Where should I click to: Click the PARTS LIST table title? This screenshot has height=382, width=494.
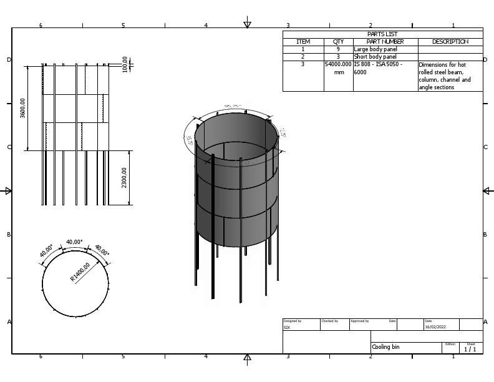click(382, 34)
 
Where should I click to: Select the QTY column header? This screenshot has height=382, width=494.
click(338, 42)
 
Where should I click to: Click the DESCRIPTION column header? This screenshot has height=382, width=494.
click(450, 42)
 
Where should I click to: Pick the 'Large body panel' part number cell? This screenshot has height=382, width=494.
click(375, 49)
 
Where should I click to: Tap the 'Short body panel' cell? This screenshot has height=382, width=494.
click(375, 57)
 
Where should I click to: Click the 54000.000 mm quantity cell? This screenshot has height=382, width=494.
click(339, 68)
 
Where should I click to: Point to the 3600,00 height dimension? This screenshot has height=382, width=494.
click(23, 107)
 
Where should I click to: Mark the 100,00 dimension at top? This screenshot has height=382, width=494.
click(125, 64)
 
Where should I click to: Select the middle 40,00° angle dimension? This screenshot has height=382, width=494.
click(74, 242)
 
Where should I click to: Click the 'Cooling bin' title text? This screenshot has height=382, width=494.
click(385, 347)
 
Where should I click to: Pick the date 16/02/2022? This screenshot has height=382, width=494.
click(435, 326)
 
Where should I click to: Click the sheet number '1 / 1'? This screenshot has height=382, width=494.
click(470, 350)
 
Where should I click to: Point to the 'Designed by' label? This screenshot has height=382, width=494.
click(293, 321)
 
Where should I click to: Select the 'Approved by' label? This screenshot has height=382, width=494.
click(360, 321)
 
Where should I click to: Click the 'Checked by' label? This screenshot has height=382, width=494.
click(329, 321)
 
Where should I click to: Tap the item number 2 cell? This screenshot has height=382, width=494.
click(303, 57)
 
